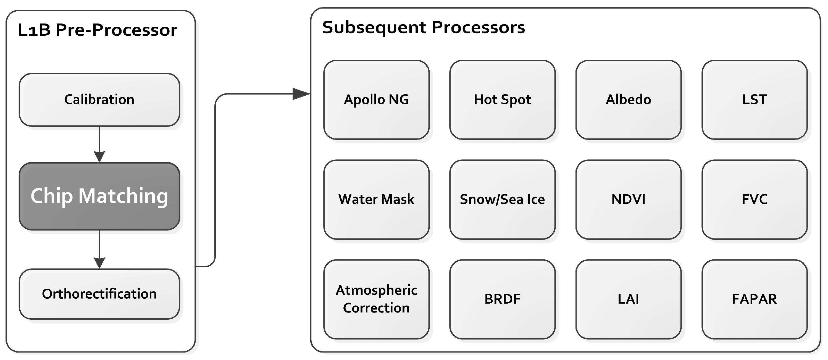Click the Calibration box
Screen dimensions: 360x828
tap(99, 100)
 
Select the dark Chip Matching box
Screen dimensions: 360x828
tap(99, 196)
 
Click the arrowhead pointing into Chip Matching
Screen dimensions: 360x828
tap(99, 157)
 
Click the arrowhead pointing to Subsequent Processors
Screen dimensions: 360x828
tap(301, 94)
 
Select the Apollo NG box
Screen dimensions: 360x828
tap(376, 100)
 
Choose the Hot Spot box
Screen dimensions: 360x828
tap(502, 100)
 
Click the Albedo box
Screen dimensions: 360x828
tap(629, 100)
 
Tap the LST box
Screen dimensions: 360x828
tap(755, 100)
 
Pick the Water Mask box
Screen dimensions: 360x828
tap(376, 199)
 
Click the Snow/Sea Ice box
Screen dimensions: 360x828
tap(502, 199)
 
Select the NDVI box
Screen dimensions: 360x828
tap(629, 199)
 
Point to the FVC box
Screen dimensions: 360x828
tap(755, 199)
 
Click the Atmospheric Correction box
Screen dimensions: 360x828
tap(376, 299)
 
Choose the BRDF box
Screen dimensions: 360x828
tap(502, 299)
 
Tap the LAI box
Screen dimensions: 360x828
tap(629, 299)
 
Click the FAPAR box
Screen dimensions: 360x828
tap(755, 299)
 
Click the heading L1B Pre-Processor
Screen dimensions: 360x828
tap(98, 30)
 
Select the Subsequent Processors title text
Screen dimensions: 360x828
tap(423, 27)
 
